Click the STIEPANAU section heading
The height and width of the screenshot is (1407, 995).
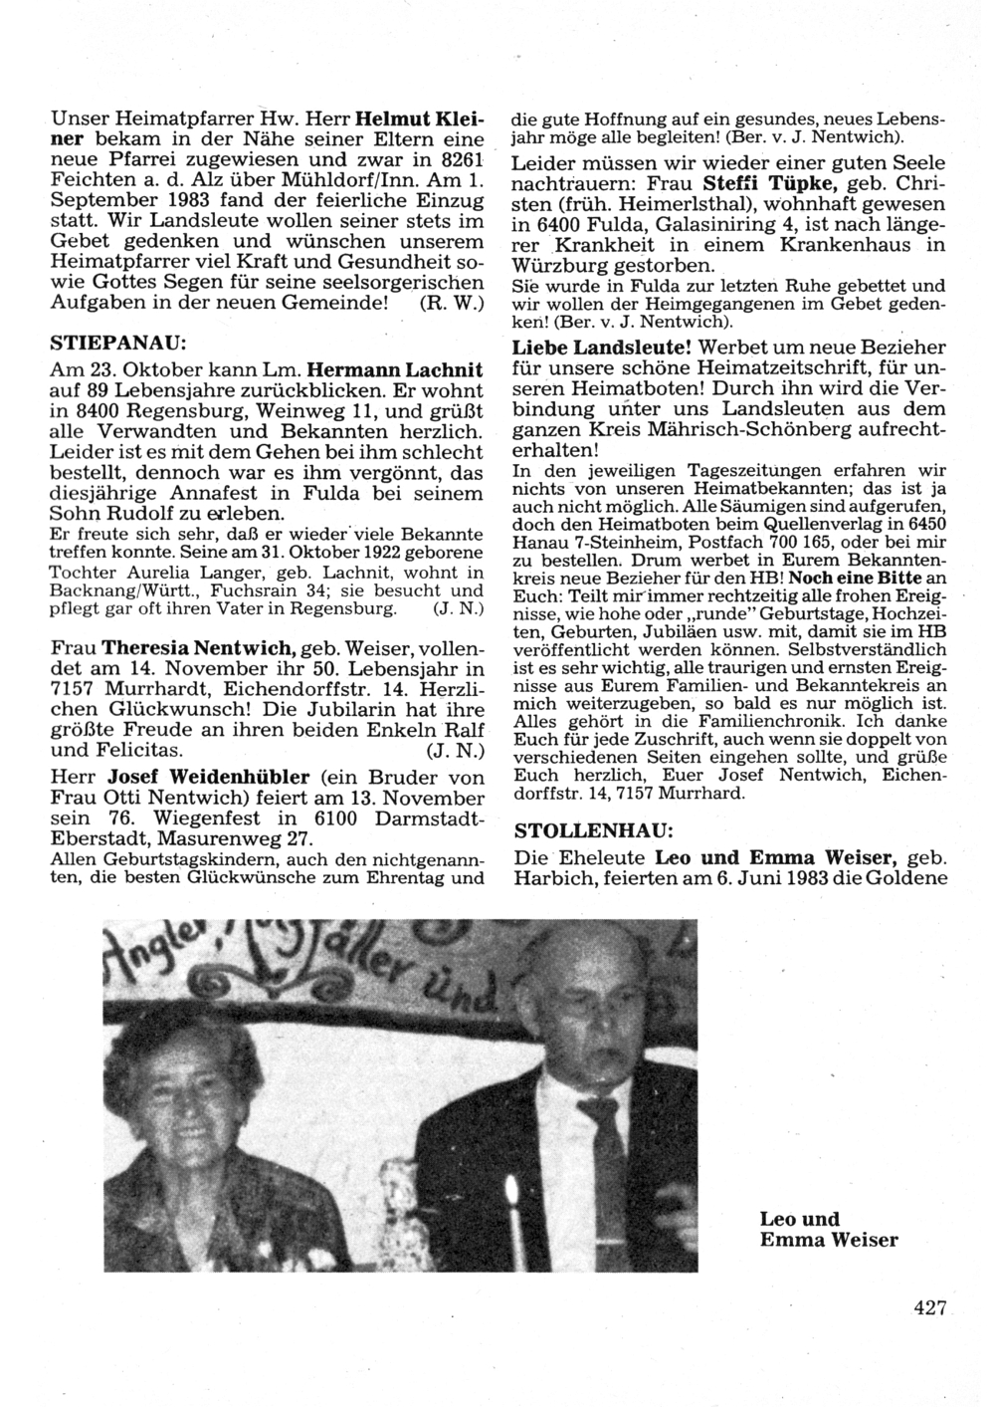tap(118, 343)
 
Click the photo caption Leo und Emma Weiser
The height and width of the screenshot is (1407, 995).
tap(828, 1229)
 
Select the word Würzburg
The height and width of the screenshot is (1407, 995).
tap(558, 266)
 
